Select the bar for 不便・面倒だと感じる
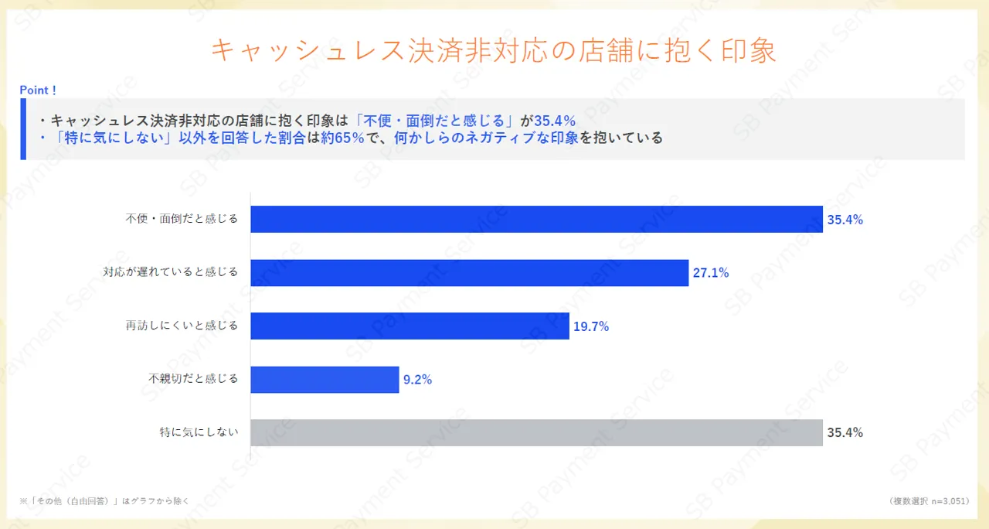(536, 219)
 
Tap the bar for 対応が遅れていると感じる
(469, 273)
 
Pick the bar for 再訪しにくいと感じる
(410, 326)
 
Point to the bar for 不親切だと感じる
(325, 380)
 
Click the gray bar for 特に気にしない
(536, 433)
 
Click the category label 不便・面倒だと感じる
(182, 219)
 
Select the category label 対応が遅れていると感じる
(171, 272)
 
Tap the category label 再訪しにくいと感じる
(182, 326)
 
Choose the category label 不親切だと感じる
(194, 380)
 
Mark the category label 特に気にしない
(199, 433)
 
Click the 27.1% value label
(710, 273)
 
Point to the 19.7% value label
(591, 326)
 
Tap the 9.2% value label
(417, 380)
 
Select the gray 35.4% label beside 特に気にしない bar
(845, 433)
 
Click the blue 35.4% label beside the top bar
(845, 220)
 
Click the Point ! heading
(38, 90)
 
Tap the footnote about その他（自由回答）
(104, 501)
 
